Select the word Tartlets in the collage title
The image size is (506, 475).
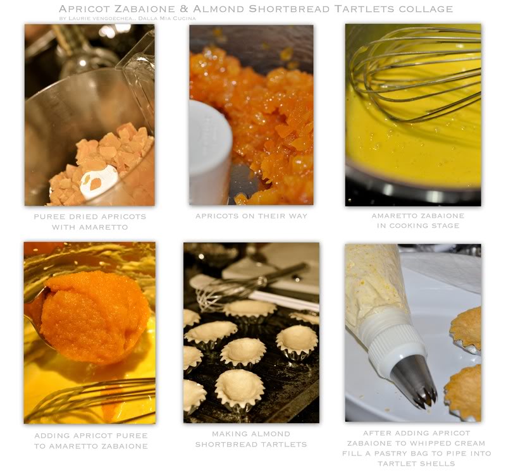tap(362, 9)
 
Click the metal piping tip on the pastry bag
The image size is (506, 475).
tap(415, 381)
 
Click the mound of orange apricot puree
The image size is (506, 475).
tap(94, 316)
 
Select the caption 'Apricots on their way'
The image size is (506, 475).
tap(251, 216)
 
